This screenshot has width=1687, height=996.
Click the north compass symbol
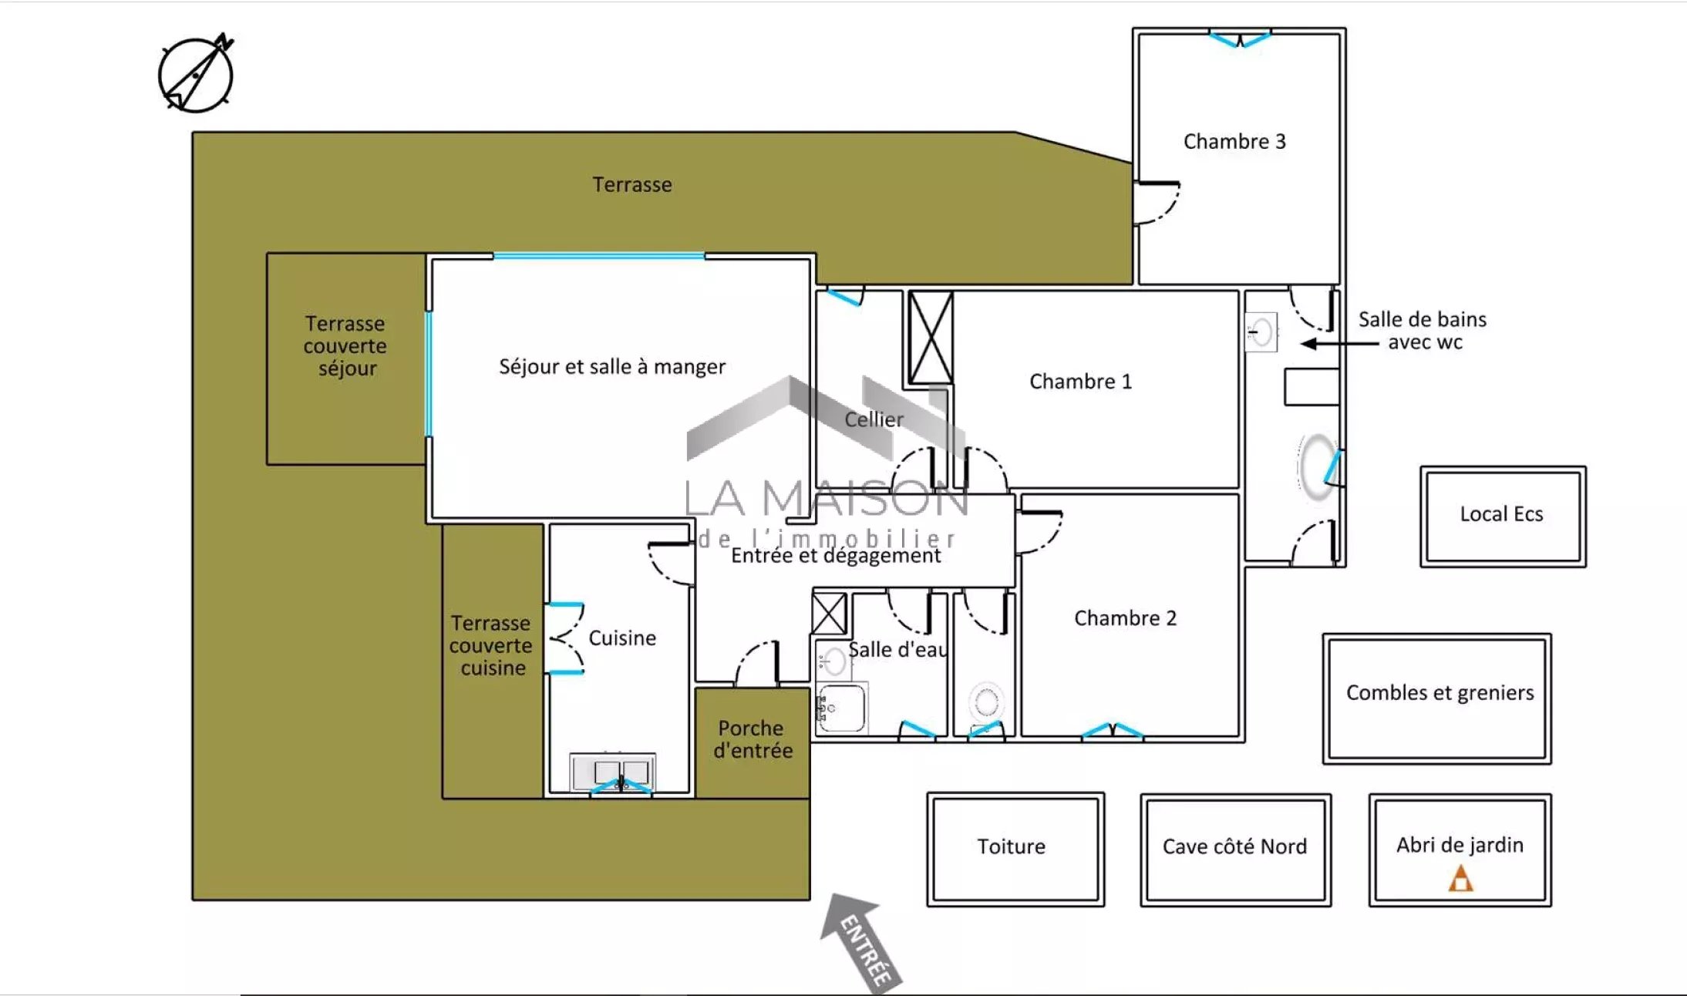196,74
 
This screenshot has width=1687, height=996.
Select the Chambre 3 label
1234,142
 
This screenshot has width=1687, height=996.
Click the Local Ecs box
1503,517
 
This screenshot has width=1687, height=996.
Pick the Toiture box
1015,850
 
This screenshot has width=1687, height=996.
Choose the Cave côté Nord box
1235,850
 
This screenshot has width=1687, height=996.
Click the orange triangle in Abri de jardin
1460,879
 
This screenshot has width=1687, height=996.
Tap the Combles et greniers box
1437,699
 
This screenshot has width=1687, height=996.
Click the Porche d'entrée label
753,739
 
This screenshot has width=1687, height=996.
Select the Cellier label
874,419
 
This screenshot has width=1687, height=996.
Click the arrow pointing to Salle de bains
1339,344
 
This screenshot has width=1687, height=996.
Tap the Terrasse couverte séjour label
345,346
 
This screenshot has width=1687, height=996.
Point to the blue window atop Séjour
598,256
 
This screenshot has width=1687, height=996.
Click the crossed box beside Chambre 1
931,338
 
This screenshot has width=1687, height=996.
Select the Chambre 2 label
1125,618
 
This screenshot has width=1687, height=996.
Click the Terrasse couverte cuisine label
491,645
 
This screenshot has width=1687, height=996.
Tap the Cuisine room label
622,638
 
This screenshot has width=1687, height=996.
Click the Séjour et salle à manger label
612,367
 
